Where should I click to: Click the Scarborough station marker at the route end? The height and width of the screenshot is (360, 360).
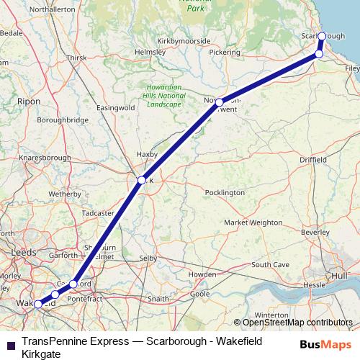[322, 35]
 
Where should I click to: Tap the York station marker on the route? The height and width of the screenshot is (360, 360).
[142, 180]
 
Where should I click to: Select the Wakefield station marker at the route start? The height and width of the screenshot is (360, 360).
[38, 305]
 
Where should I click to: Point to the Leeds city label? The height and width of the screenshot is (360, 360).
[24, 252]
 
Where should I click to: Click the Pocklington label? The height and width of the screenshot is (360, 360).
[225, 193]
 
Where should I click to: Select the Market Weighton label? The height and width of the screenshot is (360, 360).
[253, 223]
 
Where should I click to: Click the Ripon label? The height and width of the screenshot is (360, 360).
[30, 102]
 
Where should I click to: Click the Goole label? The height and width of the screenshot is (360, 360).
[200, 294]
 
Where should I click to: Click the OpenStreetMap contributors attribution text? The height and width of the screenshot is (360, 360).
[297, 323]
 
